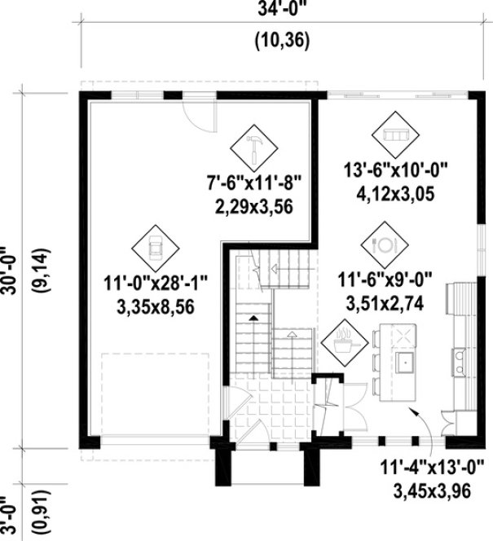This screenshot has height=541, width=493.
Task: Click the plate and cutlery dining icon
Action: pyautogui.click(x=382, y=243)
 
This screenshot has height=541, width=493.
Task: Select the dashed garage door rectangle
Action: pyautogui.click(x=154, y=398)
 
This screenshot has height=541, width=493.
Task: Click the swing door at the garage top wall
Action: pyautogui.click(x=198, y=113)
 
